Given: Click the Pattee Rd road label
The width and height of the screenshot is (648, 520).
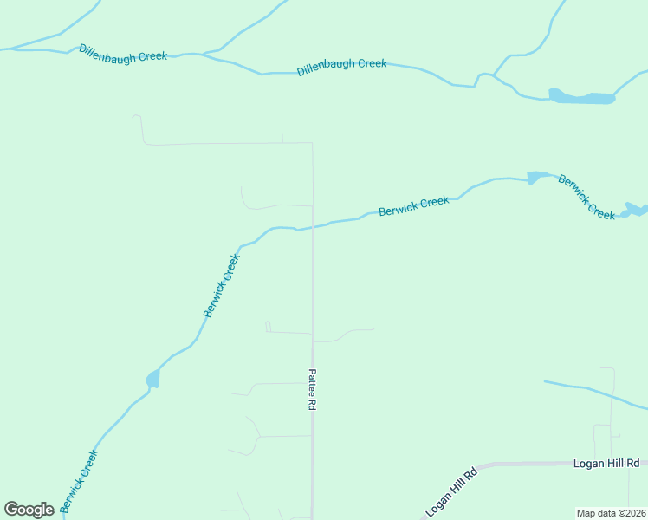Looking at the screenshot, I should coord(312,389).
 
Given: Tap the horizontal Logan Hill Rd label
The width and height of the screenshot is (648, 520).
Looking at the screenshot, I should coord(606,464).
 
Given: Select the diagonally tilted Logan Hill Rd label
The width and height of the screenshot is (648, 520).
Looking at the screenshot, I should coord(451,492).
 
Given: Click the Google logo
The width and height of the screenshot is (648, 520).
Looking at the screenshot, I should coord(29,510).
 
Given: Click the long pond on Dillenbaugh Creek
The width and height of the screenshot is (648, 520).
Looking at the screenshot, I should coord(582,97).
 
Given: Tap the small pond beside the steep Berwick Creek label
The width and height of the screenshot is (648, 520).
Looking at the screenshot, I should coord(153,379).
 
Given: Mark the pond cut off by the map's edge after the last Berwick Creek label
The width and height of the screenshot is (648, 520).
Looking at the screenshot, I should coord(637,210).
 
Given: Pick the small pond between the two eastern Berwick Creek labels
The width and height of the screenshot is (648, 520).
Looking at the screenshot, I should coord(536,178).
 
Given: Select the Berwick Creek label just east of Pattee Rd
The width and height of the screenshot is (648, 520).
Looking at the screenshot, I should coord(413,206).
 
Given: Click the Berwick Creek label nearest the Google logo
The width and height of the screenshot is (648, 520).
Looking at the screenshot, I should coord(79,481).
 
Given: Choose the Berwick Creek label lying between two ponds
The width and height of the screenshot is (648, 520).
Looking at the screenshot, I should coord(586,198).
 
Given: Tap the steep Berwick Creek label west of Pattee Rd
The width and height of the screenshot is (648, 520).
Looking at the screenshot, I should coord(220,285).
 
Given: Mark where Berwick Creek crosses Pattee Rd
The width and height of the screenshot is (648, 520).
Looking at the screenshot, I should coord(313,227).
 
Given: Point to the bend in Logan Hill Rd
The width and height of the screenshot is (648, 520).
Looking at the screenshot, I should coord(479,465).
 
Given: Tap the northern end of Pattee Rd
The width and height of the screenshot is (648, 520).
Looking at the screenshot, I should coord(312,144).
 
